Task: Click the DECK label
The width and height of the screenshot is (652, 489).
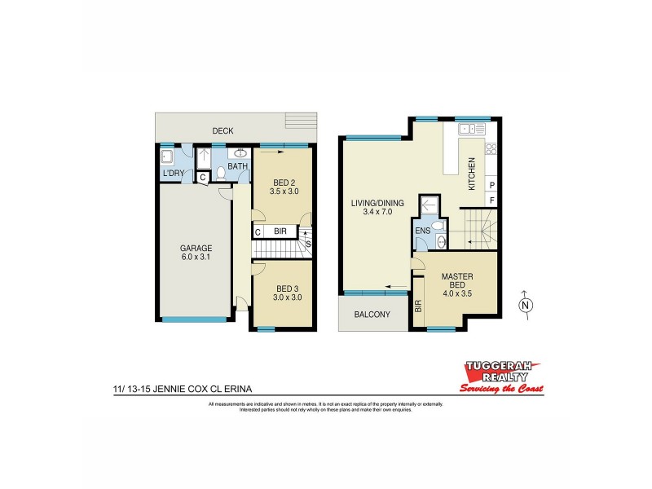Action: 223,130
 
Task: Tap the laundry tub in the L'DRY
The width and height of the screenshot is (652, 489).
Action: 167,156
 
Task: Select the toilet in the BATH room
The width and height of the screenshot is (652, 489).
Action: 220,173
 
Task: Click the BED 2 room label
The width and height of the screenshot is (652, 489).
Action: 284,187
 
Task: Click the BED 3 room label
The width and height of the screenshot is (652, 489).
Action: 284,293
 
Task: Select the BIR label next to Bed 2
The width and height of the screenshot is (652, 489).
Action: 279,231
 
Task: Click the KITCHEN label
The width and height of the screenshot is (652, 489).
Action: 471,174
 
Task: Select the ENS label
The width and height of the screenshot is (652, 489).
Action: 422,231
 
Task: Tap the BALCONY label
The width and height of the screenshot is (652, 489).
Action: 372,315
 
